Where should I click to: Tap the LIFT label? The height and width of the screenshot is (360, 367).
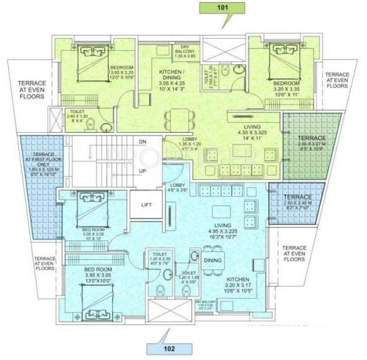(146, 205)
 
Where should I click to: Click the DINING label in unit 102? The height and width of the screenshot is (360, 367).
(213, 261)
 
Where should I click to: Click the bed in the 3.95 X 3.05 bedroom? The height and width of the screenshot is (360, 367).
(95, 297)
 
